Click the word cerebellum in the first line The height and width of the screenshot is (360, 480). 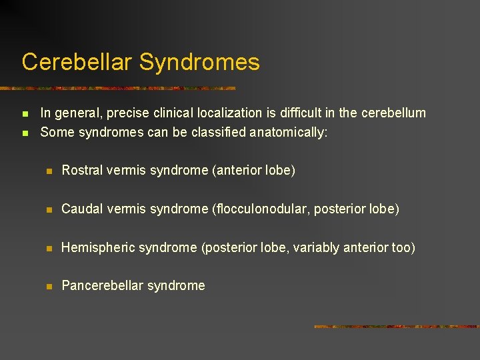[x=393, y=113]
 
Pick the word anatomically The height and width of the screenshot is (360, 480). [x=289, y=133]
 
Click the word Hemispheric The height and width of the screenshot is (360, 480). [x=96, y=248]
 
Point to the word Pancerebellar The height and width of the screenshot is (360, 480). [x=100, y=286]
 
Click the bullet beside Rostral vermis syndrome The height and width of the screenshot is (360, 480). [x=49, y=171]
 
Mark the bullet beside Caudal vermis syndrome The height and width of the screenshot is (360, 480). [x=49, y=210]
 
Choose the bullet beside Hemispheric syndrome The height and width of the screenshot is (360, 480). [x=49, y=249]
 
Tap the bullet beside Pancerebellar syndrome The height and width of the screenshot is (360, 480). [x=49, y=287]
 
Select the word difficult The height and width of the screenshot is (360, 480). [x=317, y=113]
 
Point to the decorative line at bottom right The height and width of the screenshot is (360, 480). [x=397, y=327]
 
